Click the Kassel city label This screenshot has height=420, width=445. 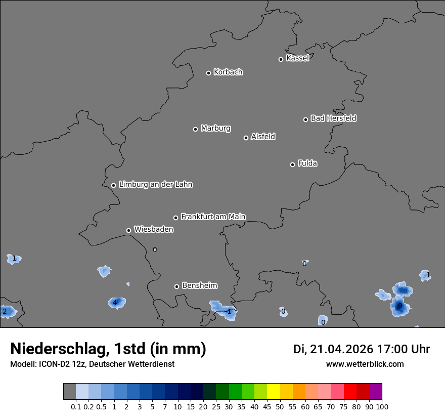click(x=297, y=58)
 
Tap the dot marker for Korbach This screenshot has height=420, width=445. click(x=208, y=73)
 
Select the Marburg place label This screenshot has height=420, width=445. click(x=215, y=129)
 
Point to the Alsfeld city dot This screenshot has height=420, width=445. click(x=246, y=138)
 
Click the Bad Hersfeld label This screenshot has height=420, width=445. click(x=333, y=118)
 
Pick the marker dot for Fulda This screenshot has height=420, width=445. click(x=292, y=164)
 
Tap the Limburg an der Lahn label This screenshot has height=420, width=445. click(x=155, y=185)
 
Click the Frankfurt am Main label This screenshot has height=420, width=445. click(x=213, y=217)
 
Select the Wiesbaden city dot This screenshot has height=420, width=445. click(x=129, y=230)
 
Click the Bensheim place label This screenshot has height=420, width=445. click(x=199, y=285)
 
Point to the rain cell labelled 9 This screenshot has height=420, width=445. click(x=399, y=306)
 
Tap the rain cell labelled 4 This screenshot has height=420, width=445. click(x=115, y=303)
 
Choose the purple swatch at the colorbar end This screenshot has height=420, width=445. click(x=375, y=392)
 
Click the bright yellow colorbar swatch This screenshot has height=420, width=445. click(x=273, y=392)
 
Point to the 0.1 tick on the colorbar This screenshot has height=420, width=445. click(x=76, y=406)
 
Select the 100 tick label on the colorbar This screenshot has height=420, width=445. click(x=382, y=406)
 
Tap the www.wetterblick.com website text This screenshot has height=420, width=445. click(x=365, y=364)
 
